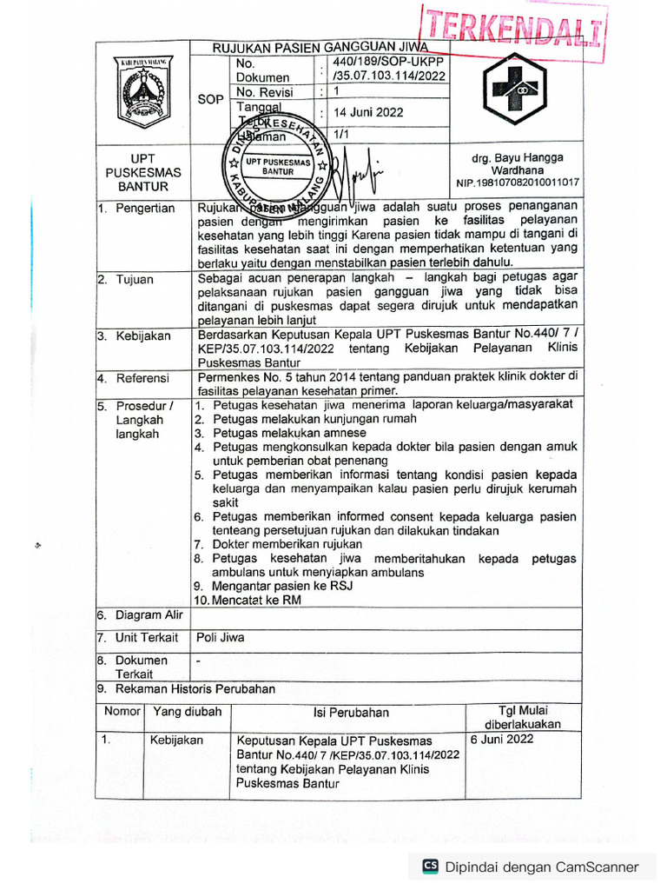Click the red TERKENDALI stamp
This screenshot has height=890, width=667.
[512, 27]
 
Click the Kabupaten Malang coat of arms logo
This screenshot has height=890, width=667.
[141, 92]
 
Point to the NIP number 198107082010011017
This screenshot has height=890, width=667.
[518, 183]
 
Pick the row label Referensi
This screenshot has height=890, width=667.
[142, 379]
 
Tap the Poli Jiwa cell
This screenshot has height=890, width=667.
[221, 638]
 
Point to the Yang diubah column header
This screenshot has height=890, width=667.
[187, 712]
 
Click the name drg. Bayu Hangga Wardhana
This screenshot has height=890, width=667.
[517, 164]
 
